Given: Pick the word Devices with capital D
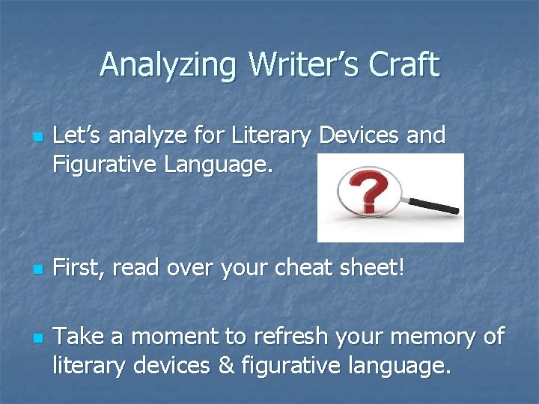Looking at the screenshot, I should click(357, 135).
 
